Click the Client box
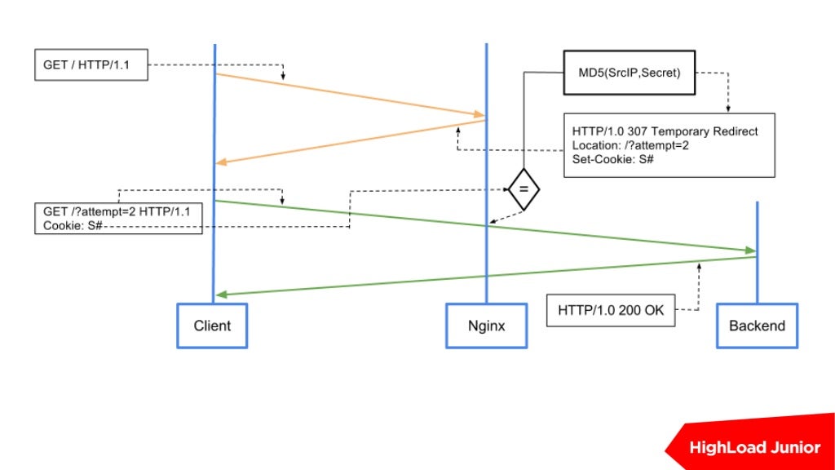tap(212, 326)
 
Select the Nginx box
tap(486, 326)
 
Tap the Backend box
tap(757, 326)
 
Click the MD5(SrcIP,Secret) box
tap(629, 73)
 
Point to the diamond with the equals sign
tap(524, 189)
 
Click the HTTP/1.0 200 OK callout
tap(611, 310)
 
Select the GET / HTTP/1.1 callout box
tap(91, 65)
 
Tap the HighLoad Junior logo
tap(750, 441)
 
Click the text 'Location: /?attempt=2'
tap(630, 145)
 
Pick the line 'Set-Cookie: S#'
tap(612, 159)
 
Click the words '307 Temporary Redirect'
tap(692, 131)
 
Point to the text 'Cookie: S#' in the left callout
tap(73, 226)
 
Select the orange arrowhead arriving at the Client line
tap(221, 162)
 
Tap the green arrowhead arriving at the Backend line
tap(750, 250)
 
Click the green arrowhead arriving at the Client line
tap(222, 294)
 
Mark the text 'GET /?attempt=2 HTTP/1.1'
tap(117, 211)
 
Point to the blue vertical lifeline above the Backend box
tap(757, 253)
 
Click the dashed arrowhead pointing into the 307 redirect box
tap(728, 109)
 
